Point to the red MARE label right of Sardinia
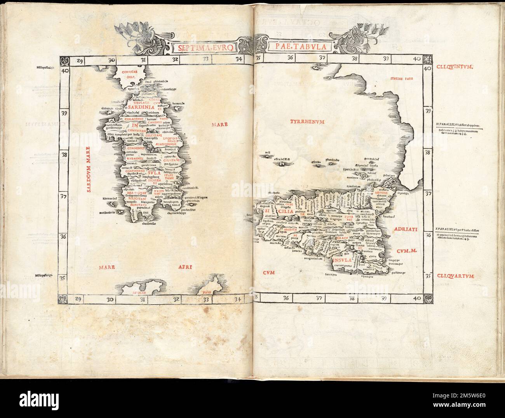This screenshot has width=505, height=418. click(x=219, y=125)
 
